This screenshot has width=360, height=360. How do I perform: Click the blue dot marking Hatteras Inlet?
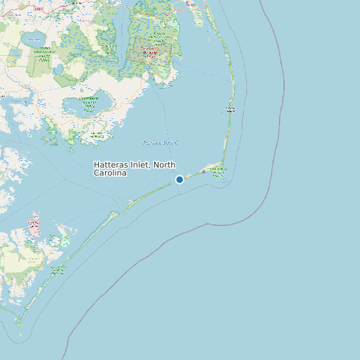[179, 179]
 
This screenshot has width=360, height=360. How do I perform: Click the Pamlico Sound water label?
[161, 143]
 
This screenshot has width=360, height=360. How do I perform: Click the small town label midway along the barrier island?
[230, 110]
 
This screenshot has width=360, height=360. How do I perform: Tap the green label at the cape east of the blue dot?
[217, 171]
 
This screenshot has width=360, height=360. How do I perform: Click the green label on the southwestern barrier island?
[58, 269]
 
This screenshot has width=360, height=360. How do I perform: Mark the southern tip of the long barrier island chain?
[19, 326]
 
